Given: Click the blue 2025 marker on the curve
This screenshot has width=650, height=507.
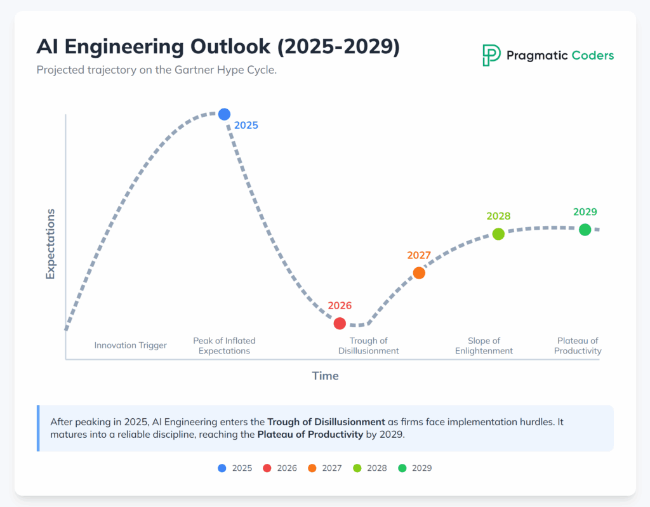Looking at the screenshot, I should coord(224,114).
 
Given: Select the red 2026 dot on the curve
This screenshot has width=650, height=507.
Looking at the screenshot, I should coord(340,323).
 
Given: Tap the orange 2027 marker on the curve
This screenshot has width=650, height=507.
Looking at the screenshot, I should coord(419,273).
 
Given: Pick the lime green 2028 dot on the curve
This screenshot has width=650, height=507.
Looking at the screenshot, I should coord(498,234).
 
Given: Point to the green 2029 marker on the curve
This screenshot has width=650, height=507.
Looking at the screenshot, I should coord(585,229).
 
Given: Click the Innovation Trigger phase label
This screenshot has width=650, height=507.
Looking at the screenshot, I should coord(131,346).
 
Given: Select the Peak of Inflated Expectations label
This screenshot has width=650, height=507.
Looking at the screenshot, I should coord(224,346).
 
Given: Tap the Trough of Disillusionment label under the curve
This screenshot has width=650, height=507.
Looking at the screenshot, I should coord(368,346).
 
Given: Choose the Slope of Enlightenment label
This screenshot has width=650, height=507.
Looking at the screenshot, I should coord(484,346).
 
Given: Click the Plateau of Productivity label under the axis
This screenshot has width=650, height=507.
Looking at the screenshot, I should coord(578,346).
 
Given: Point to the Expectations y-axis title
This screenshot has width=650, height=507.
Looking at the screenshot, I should coord(50,244).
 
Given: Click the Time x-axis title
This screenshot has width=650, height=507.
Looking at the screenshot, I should coord(325,376).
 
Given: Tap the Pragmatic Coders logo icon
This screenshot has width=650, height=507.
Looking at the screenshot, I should coord(491,55).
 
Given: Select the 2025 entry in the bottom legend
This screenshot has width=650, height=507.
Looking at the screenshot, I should coord(234,468).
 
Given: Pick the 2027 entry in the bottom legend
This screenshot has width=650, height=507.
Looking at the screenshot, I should coord(324,468).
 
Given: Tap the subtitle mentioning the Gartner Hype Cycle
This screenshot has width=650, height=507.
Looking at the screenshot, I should coord(156,70).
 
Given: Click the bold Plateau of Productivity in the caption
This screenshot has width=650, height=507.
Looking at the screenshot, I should coord(310,435).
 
